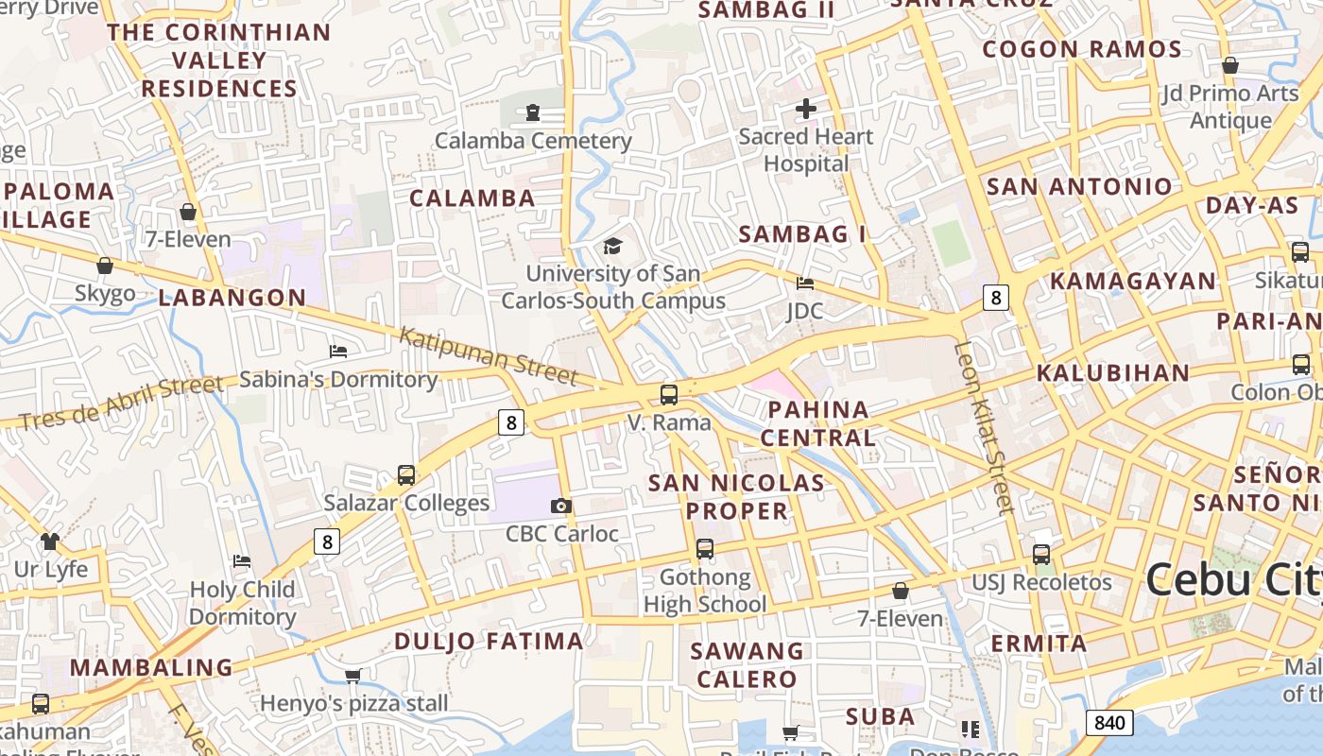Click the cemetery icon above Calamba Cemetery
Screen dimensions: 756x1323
pyautogui.click(x=533, y=113)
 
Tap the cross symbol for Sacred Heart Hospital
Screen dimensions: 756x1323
pyautogui.click(x=806, y=110)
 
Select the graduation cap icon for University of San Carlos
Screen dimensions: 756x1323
pyautogui.click(x=613, y=247)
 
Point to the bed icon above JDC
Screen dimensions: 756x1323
pyautogui.click(x=805, y=283)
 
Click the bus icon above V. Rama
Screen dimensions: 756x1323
pyautogui.click(x=669, y=395)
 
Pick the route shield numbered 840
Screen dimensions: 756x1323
pyautogui.click(x=1109, y=723)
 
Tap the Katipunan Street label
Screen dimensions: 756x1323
pyautogui.click(x=488, y=355)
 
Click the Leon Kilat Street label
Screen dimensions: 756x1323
pyautogui.click(x=984, y=427)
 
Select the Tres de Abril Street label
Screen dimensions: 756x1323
pyautogui.click(x=121, y=402)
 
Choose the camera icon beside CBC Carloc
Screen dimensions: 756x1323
pyautogui.click(x=561, y=507)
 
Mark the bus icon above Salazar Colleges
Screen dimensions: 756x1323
pyautogui.click(x=406, y=475)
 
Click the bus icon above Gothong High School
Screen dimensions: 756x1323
pyautogui.click(x=705, y=549)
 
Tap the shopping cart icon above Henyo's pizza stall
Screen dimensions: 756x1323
pyautogui.click(x=353, y=676)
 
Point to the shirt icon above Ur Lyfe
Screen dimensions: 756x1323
pyautogui.click(x=50, y=541)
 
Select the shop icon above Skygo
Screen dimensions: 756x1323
pyautogui.click(x=105, y=266)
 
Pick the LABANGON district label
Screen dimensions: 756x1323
pyautogui.click(x=232, y=298)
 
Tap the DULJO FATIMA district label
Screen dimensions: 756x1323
pyautogui.click(x=489, y=642)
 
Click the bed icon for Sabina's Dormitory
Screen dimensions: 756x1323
pyautogui.click(x=338, y=352)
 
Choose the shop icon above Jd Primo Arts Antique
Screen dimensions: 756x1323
pyautogui.click(x=1230, y=66)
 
